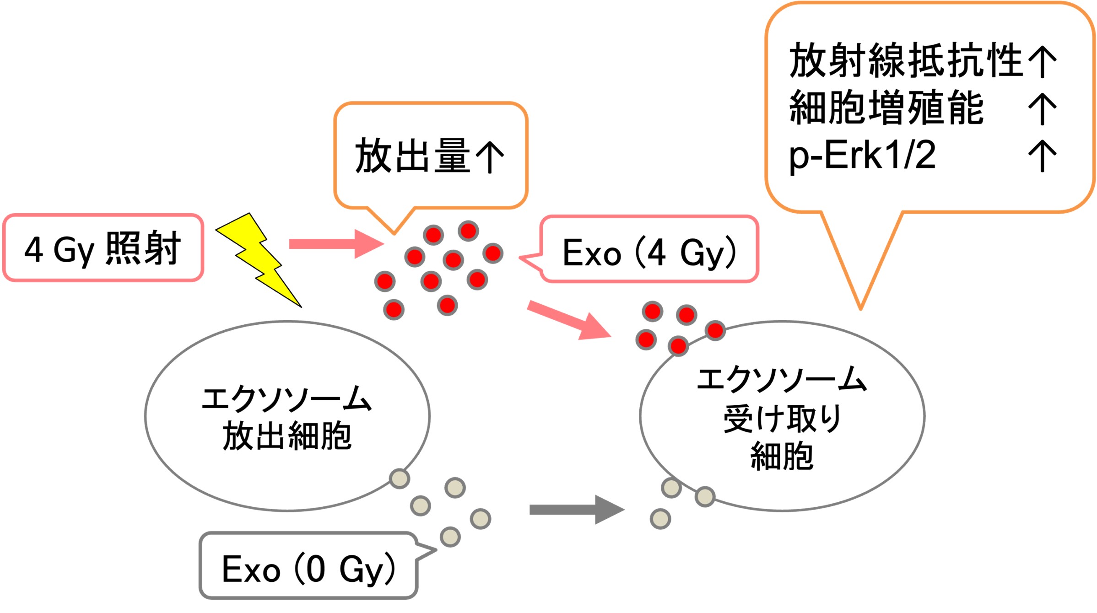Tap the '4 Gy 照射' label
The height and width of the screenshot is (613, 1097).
pyautogui.click(x=103, y=249)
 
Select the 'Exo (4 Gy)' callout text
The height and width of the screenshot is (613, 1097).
pyautogui.click(x=649, y=253)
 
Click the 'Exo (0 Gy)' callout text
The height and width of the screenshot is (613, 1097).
pyautogui.click(x=308, y=569)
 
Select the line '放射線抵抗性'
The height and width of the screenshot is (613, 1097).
pyautogui.click(x=905, y=60)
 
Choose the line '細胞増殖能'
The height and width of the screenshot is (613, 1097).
pyautogui.click(x=886, y=108)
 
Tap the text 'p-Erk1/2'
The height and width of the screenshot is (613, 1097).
pyautogui.click(x=862, y=156)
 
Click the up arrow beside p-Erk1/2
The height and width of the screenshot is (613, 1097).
pyautogui.click(x=1042, y=156)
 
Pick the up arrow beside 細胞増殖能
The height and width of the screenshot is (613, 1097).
pyautogui.click(x=1042, y=108)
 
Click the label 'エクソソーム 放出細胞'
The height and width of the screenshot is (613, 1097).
pyautogui.click(x=287, y=417)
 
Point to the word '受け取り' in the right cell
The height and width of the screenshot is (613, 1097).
pyautogui.click(x=782, y=419)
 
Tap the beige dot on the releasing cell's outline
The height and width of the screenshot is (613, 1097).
pyautogui.click(x=400, y=479)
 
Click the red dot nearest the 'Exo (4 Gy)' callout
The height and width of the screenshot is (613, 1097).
pyautogui.click(x=493, y=253)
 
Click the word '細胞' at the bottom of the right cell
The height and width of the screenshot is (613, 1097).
pyautogui.click(x=782, y=456)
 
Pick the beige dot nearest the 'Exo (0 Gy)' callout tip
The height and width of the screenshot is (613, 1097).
pyautogui.click(x=450, y=537)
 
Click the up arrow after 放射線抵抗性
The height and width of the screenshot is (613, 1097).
pyautogui.click(x=1042, y=61)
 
